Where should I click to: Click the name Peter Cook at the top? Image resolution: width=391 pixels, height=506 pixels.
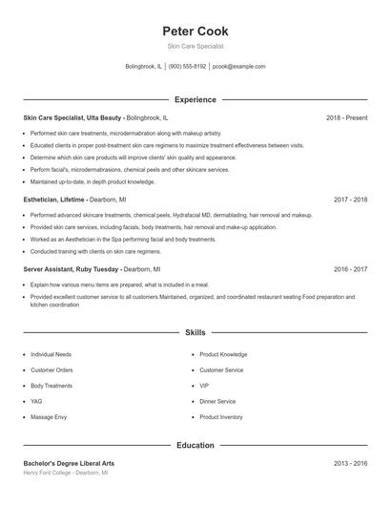(x=195, y=31)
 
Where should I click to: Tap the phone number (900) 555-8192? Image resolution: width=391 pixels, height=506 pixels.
(x=188, y=67)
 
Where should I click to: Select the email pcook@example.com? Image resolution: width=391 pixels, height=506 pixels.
(x=239, y=67)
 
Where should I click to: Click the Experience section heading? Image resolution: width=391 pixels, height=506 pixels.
(x=195, y=99)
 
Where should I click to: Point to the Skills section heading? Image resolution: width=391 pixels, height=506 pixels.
(x=195, y=333)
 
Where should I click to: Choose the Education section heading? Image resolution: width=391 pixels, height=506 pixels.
(x=195, y=445)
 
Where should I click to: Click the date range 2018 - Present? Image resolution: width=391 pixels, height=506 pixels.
(x=346, y=117)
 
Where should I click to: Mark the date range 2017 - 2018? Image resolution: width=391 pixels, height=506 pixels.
(x=351, y=200)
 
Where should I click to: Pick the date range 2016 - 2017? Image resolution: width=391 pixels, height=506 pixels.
(x=351, y=269)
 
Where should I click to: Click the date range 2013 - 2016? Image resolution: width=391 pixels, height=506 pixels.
(x=351, y=463)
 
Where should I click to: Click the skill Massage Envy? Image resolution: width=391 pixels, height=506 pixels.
(x=49, y=417)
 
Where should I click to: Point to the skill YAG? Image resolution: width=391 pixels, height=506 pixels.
(x=36, y=401)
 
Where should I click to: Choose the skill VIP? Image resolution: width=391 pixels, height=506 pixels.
(x=204, y=386)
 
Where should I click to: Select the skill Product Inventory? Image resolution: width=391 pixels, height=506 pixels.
(x=221, y=417)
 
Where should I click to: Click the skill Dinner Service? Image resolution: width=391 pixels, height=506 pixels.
(x=217, y=401)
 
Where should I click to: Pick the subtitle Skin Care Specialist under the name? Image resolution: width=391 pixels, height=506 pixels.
(x=195, y=47)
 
